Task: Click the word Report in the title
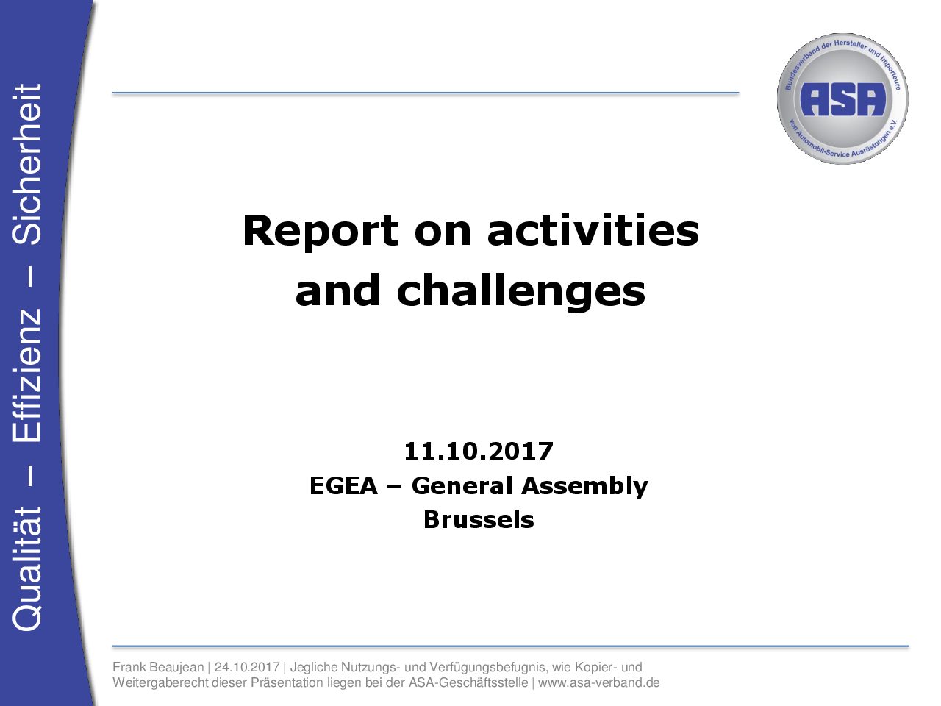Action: pos(321,232)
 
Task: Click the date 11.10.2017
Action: pos(479,451)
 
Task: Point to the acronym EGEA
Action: pos(343,485)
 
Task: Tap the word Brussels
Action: pos(479,520)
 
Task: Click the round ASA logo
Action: pos(842,98)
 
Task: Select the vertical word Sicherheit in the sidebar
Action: pos(26,164)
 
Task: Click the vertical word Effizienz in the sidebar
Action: pos(26,374)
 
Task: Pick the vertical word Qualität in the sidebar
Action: pos(26,568)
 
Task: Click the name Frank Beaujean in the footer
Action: pos(158,668)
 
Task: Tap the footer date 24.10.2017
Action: pos(247,667)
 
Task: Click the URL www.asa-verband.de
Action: pos(598,682)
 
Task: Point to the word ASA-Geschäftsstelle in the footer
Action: pos(468,682)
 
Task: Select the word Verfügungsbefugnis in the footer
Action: pos(488,668)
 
